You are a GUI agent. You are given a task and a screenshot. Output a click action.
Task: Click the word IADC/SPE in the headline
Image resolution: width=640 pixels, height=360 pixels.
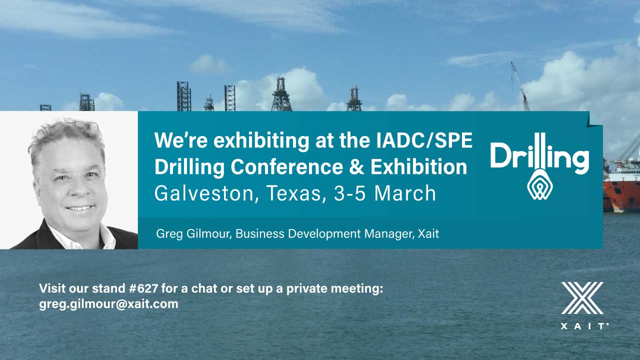[x=424, y=140]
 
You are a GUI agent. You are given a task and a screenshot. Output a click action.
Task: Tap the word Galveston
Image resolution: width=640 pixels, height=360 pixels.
[x=204, y=193]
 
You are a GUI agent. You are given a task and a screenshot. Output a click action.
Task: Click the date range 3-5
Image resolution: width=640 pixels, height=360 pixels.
[x=349, y=193]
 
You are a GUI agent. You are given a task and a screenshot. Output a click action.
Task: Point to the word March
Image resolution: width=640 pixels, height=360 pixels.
[x=405, y=193]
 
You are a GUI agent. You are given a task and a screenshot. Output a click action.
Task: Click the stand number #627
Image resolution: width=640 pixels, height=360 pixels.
[x=143, y=288]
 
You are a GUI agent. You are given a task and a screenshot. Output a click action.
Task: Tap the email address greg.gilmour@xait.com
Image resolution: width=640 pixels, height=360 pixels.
[x=108, y=303]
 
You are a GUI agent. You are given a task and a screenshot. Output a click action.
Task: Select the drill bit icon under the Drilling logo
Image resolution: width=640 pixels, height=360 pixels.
[x=539, y=184]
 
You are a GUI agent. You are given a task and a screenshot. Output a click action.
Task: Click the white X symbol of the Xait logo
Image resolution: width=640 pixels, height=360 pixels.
[x=582, y=298]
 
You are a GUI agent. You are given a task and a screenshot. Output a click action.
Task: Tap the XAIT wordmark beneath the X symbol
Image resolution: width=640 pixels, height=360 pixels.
[x=584, y=326]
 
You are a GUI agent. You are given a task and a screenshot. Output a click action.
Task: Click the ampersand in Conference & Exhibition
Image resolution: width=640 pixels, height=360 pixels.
[x=356, y=167]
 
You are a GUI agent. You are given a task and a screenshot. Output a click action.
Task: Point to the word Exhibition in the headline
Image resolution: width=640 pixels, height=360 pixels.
[x=419, y=167]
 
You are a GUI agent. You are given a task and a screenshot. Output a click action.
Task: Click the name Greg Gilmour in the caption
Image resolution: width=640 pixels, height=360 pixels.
[x=193, y=234]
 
